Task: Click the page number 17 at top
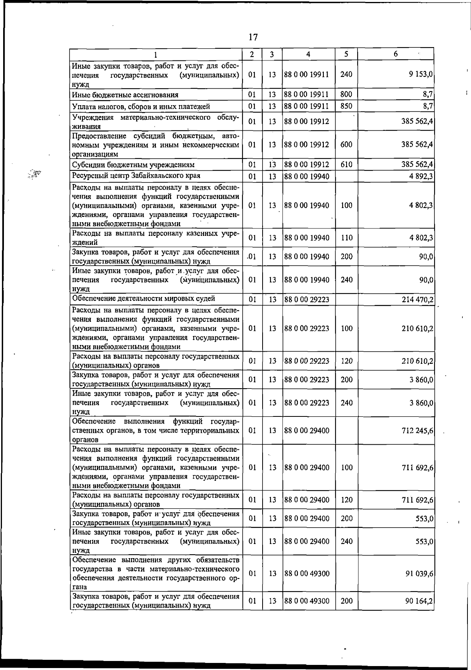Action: click(253, 37)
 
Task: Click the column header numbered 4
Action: click(309, 55)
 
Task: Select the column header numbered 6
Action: click(396, 54)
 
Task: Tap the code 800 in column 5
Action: click(346, 95)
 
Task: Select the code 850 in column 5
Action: click(346, 106)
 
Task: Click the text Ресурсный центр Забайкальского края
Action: click(136, 176)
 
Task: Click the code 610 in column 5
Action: click(346, 165)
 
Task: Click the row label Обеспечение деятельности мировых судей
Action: click(143, 299)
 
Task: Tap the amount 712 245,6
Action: click(417, 431)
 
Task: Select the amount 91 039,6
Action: click(419, 573)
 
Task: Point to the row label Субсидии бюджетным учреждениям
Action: click(133, 165)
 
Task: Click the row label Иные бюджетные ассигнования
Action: click(125, 95)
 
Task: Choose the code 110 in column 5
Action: click(346, 238)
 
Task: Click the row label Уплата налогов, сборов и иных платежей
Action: click(141, 107)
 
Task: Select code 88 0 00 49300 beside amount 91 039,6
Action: click(307, 573)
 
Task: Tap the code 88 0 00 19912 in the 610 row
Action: click(307, 165)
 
